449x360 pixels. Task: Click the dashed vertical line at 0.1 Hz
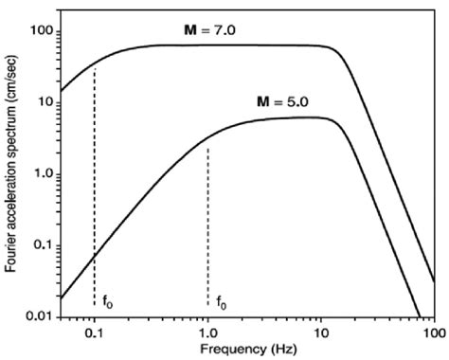click(94, 189)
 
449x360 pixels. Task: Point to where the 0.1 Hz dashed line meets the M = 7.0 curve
click(94, 66)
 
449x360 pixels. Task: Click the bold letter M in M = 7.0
click(189, 31)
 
